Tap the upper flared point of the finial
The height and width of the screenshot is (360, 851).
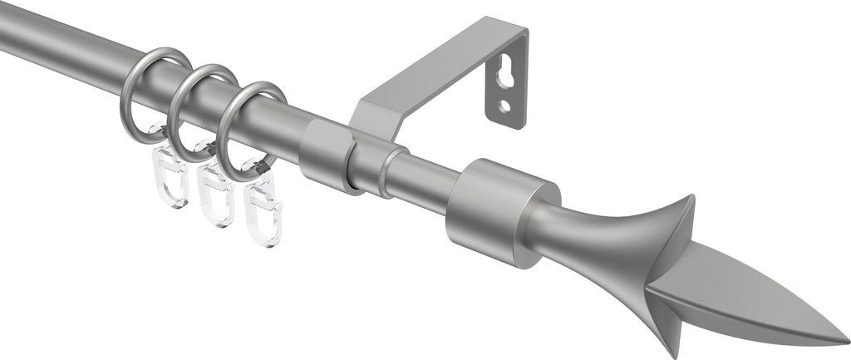[687, 200]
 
